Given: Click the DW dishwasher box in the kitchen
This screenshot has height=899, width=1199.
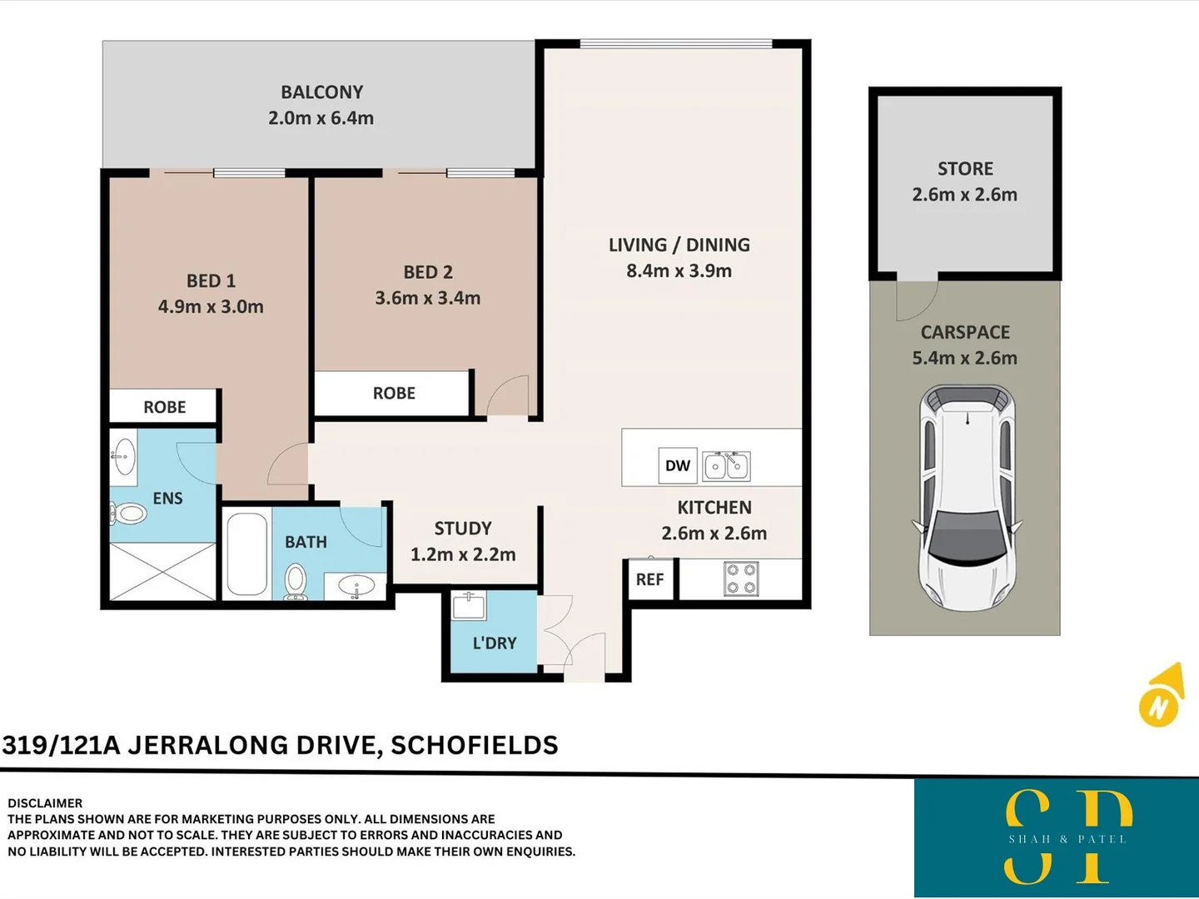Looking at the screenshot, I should [677, 465].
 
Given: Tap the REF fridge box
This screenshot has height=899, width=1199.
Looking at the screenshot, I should [649, 579].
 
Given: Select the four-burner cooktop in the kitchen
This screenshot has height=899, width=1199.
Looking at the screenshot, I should [740, 579].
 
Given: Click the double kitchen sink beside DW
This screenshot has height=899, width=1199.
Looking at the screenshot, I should [727, 466].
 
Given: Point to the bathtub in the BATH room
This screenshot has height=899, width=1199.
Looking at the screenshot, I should [247, 554].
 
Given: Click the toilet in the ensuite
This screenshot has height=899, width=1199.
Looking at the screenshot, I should [128, 513].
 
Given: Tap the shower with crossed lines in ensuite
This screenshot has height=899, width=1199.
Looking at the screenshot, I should [162, 571].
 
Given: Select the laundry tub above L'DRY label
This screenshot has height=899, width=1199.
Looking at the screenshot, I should [469, 605].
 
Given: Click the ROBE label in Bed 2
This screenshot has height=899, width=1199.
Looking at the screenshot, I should [394, 393].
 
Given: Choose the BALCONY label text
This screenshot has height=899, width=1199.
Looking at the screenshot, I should [321, 92].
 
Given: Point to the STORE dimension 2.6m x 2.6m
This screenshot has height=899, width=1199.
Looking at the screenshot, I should [964, 195].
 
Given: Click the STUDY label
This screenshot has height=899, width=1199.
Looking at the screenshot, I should [463, 529].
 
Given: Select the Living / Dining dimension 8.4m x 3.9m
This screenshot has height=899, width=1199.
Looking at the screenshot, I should [679, 271].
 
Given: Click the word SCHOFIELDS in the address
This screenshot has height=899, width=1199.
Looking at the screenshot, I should [474, 745].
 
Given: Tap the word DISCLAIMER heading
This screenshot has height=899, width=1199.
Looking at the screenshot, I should [45, 803].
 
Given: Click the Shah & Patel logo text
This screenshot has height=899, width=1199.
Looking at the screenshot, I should [1067, 839].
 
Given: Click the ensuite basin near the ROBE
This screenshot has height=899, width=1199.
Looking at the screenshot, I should [124, 456].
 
